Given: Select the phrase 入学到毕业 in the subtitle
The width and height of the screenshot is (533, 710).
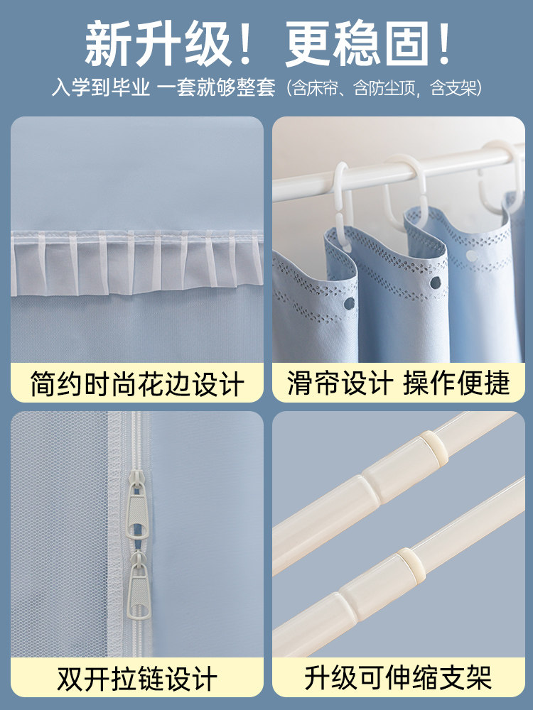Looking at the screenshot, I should [100, 89].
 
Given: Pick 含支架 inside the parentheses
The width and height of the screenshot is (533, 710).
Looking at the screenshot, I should [450, 89].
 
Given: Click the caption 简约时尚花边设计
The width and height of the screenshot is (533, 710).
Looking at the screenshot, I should [137, 384].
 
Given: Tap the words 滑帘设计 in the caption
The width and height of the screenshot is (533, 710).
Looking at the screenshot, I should [340, 384].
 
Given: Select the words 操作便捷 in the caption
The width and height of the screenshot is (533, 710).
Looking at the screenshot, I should [457, 384].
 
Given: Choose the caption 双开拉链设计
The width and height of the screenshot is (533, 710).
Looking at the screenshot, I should [137, 678].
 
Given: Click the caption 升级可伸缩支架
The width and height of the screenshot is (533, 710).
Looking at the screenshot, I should [398, 678].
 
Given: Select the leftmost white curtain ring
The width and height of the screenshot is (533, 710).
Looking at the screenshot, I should [343, 195].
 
